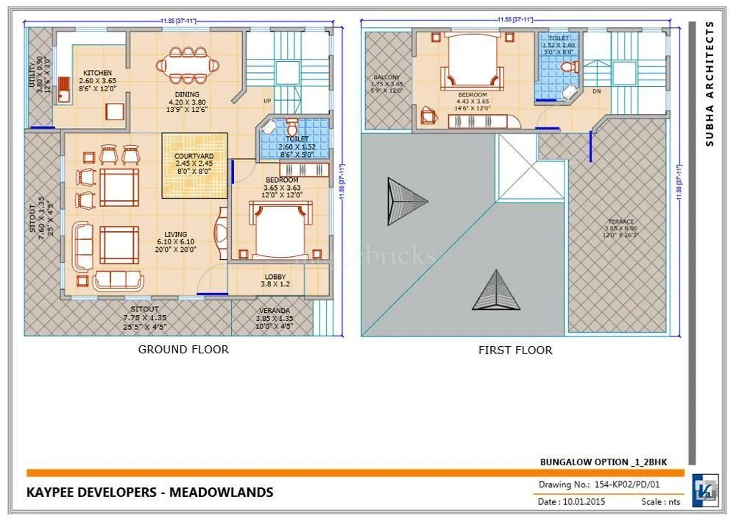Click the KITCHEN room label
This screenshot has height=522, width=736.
point(97,73)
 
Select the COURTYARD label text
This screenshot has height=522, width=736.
point(194,157)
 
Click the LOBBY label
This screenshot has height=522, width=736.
point(275,277)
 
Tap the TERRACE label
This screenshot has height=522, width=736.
point(620,222)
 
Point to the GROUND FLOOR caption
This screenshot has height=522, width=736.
point(183,349)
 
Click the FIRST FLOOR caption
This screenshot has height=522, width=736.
point(515,350)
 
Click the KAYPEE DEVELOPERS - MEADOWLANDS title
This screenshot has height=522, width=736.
point(149,492)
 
